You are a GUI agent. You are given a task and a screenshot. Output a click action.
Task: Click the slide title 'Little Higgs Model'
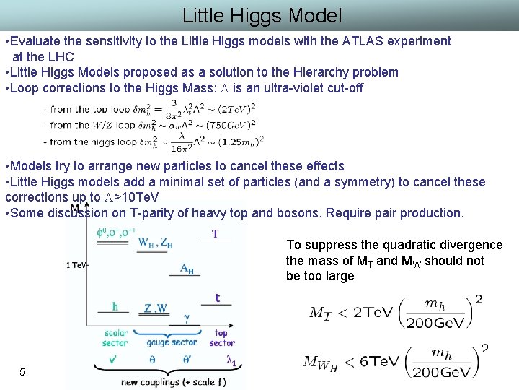(x=262, y=15)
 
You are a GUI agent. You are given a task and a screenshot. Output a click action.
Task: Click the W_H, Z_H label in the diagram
(x=155, y=243)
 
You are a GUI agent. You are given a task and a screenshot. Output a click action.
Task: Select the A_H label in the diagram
(x=186, y=269)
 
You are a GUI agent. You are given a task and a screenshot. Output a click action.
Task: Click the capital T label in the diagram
(x=215, y=234)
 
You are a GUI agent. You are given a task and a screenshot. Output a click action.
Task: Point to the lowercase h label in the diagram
(x=115, y=306)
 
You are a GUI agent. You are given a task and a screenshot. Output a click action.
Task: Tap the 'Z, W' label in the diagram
(x=156, y=308)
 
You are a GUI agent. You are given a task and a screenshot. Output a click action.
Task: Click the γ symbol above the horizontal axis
(x=187, y=317)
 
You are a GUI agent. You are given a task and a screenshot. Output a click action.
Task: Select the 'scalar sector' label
(x=114, y=338)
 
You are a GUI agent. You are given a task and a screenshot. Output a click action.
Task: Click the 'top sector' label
(x=221, y=338)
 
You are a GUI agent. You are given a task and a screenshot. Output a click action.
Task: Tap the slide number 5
(x=22, y=372)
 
